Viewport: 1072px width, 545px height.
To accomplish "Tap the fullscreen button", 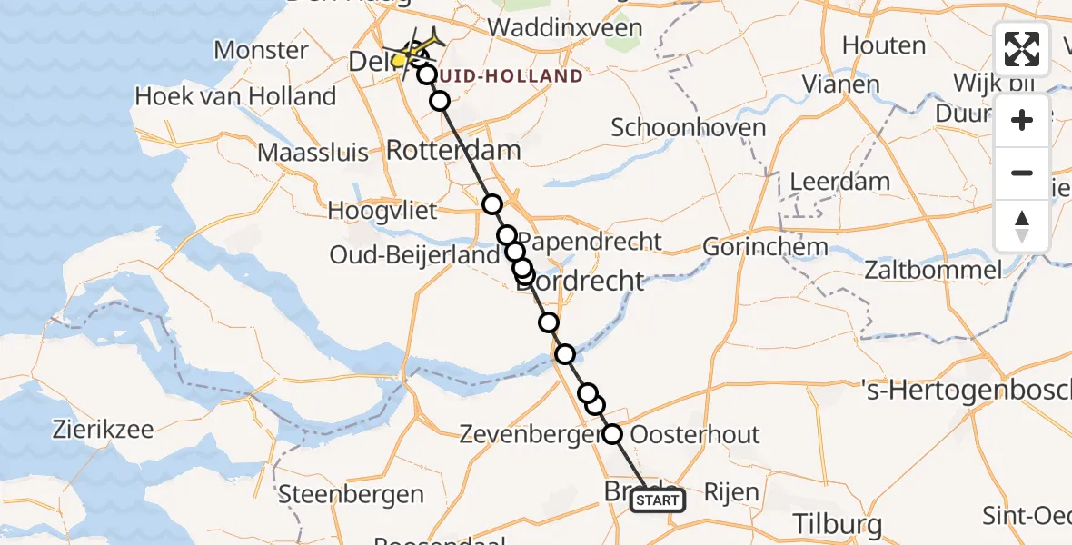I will point(1022,49).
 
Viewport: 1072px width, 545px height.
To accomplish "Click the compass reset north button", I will point(1022,226).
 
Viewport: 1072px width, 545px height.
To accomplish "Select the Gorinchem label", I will point(765,246).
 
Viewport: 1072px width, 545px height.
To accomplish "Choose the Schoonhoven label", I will point(689,127).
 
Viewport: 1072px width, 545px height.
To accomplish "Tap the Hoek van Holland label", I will point(235,95).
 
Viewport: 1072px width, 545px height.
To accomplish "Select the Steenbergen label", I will point(352,494).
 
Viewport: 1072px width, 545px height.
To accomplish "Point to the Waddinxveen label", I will point(565,27).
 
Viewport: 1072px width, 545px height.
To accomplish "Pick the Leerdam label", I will point(840,181).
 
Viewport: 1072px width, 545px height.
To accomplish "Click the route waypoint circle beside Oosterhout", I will point(612,435).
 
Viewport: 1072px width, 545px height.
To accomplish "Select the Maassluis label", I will point(313,152).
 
